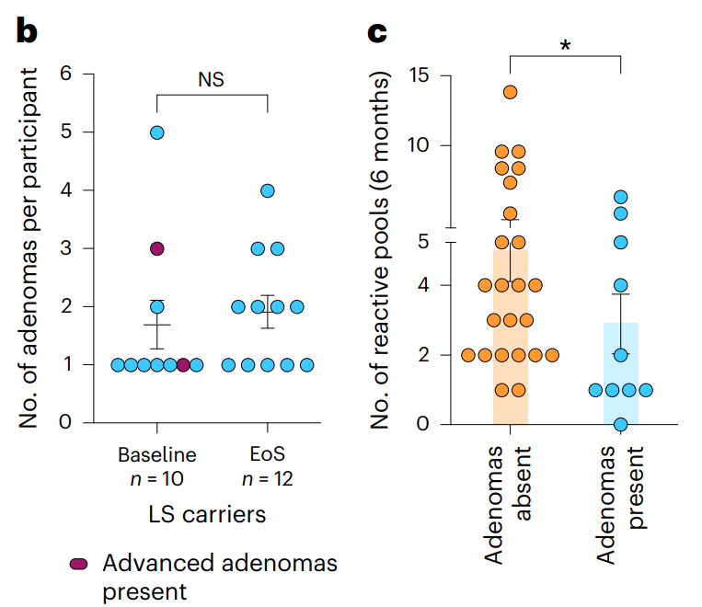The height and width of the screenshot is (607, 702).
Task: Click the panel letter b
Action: [27, 31]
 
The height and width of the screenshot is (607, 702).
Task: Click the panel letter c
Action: [376, 31]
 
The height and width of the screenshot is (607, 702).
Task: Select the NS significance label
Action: [211, 79]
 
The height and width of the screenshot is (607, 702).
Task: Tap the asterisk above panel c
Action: [564, 44]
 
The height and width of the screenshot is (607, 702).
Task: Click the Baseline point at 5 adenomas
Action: [156, 132]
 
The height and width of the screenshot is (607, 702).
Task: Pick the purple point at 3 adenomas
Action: [156, 249]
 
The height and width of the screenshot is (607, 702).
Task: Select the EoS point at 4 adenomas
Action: [268, 190]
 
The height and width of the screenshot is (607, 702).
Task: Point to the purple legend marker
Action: [80, 563]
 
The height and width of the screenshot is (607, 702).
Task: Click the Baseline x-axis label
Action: [156, 455]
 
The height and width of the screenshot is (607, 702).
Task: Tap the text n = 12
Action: [268, 478]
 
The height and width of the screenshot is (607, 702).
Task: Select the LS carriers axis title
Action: [210, 513]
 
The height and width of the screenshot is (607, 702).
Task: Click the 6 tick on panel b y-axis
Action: [64, 74]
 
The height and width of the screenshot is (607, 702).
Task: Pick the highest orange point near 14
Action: [510, 92]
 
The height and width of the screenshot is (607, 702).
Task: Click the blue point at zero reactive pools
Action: [621, 425]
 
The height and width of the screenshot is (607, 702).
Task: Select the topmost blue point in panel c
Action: [621, 197]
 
